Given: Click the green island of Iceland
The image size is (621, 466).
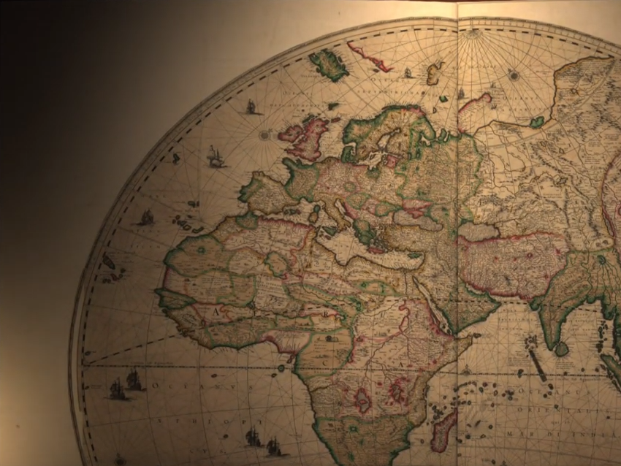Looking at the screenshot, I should coord(329,65).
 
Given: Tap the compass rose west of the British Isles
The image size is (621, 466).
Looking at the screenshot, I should coord(265,134).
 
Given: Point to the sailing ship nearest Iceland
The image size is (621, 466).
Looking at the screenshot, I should coord(252,107).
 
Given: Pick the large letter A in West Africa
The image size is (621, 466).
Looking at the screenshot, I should coord(216,310).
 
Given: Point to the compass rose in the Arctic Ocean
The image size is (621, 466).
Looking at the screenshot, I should coord(514,75).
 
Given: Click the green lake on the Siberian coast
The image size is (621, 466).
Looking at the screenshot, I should coord(538,122).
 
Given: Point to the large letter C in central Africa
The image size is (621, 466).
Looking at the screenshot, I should coord(324,361).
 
